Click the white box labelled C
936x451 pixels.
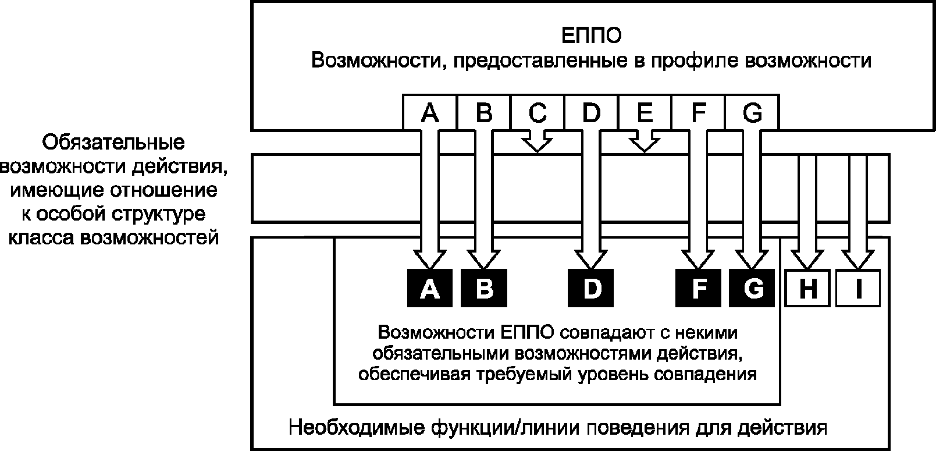538,112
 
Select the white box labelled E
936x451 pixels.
645,112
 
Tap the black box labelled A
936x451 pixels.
430,288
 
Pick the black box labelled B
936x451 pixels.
484,288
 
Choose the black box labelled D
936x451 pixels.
591,288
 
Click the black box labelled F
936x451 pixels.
699,288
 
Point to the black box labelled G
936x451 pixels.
752,288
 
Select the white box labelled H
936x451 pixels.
807,288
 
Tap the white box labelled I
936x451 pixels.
858,288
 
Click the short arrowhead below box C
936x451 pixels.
538,143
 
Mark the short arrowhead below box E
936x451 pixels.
644,143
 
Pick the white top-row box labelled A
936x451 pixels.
430,112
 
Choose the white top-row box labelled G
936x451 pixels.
752,112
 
